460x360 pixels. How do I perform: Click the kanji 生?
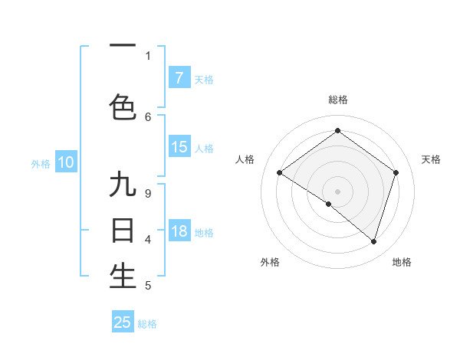123,277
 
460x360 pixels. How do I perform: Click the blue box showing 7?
179,77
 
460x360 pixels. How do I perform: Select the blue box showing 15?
179,147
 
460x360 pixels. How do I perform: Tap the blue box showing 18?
179,232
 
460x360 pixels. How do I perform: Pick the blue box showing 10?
66,162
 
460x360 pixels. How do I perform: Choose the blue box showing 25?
123,322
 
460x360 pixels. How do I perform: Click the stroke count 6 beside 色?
148,116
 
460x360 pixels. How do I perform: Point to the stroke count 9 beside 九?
147,194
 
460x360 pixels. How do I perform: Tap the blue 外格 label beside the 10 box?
41,163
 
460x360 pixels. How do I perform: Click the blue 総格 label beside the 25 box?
148,324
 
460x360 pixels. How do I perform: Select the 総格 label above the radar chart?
337,100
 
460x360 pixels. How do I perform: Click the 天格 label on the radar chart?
432,159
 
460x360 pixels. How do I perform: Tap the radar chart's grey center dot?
337,191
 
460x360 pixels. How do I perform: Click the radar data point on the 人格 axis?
279,173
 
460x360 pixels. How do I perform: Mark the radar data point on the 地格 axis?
373,241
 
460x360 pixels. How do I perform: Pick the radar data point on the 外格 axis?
329,205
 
